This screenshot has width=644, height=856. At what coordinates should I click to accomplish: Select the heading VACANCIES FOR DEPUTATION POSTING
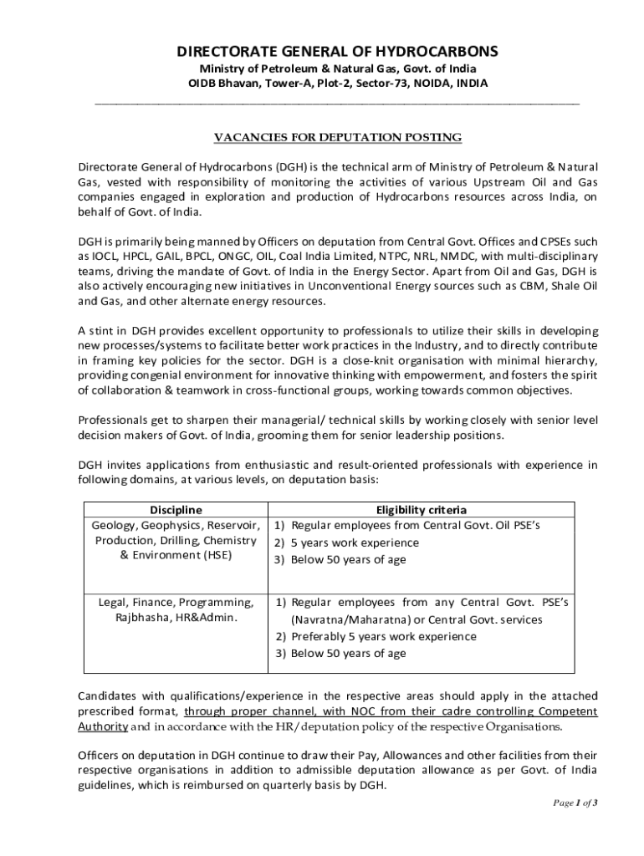[x=337, y=137]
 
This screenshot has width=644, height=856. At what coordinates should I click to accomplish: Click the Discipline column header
[x=176, y=510]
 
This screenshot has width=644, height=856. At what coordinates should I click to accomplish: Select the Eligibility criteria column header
[x=422, y=510]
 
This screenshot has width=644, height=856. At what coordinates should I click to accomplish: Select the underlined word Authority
[x=103, y=726]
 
